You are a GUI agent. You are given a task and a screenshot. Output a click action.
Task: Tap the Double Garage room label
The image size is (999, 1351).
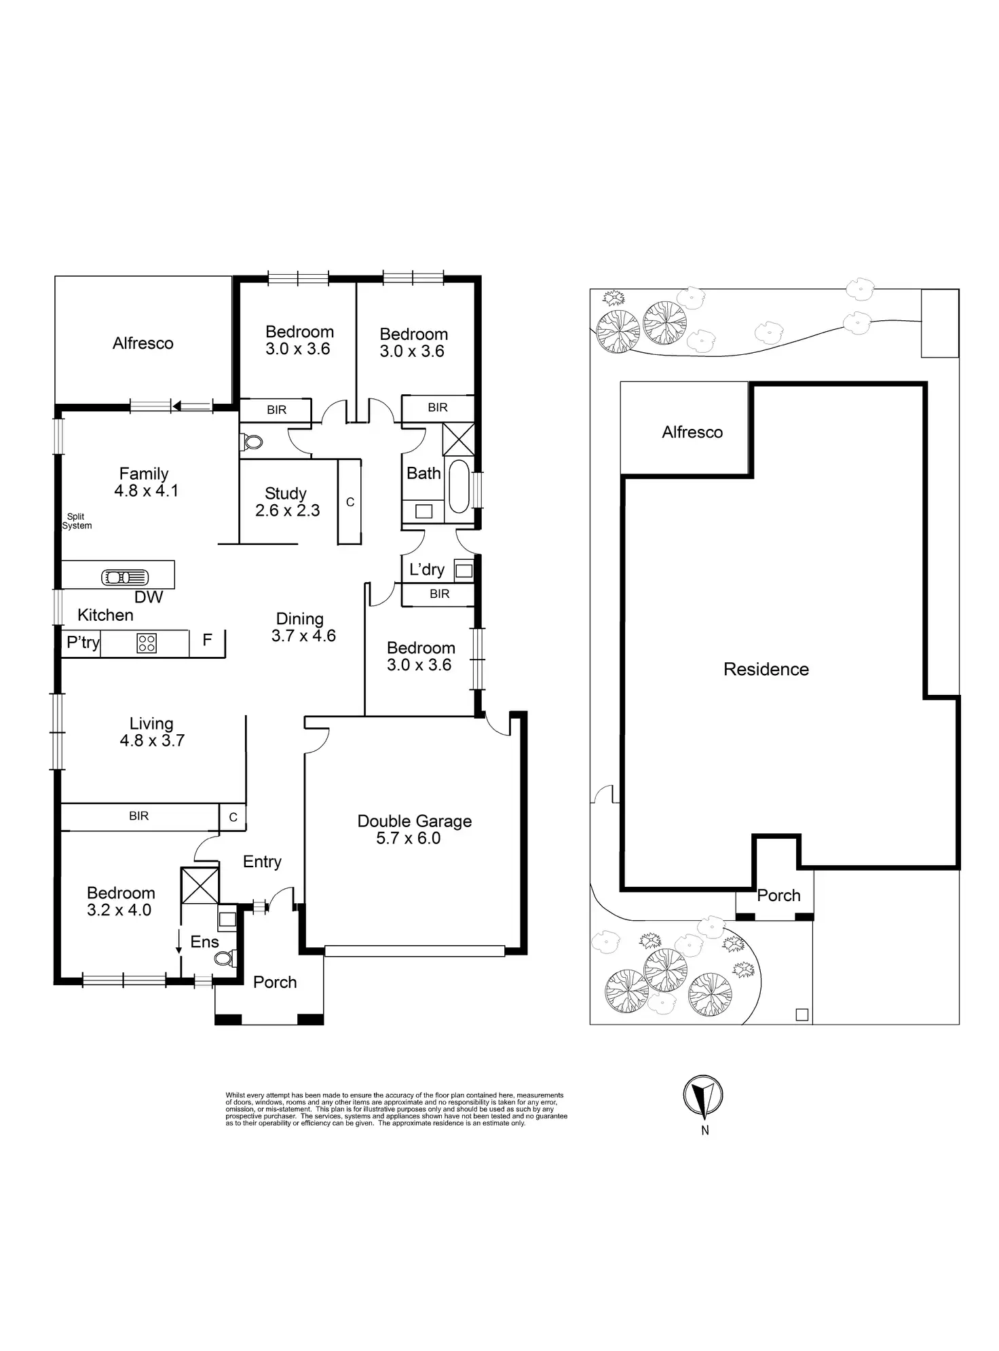tap(415, 829)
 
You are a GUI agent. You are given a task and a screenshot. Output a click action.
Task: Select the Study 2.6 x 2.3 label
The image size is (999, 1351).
tap(287, 502)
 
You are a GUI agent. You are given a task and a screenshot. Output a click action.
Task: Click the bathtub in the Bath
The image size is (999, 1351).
tap(459, 487)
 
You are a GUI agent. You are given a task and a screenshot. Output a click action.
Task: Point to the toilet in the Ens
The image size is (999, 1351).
tap(223, 958)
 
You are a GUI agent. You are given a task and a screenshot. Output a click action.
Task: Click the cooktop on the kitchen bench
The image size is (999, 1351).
tap(147, 643)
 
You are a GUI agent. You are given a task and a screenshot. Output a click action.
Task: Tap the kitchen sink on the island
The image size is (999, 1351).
tap(125, 577)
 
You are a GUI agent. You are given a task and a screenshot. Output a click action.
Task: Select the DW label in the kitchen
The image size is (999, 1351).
tap(149, 597)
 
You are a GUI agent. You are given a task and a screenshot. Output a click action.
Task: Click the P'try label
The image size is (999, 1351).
tap(83, 642)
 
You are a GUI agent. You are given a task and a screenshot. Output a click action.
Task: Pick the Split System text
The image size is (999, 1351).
tap(76, 521)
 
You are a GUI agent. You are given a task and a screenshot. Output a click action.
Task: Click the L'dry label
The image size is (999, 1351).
tap(426, 569)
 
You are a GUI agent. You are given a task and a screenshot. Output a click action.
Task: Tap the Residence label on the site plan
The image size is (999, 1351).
tap(766, 670)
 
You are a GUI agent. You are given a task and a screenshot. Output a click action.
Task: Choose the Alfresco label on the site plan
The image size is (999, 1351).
tap(692, 432)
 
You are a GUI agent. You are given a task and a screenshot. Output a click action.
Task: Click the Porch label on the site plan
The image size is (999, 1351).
tap(778, 896)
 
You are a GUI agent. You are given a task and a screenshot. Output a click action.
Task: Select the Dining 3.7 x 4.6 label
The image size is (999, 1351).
tap(303, 627)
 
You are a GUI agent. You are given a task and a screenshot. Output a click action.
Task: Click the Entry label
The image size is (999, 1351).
tap(262, 862)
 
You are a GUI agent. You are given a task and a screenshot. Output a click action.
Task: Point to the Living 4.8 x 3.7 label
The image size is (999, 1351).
tap(152, 732)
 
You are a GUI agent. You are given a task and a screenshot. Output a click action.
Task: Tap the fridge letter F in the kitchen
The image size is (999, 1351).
tap(208, 639)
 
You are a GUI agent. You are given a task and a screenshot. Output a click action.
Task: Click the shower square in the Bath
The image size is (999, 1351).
tap(458, 439)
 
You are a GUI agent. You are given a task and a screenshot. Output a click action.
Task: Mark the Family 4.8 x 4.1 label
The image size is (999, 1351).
tap(145, 482)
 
